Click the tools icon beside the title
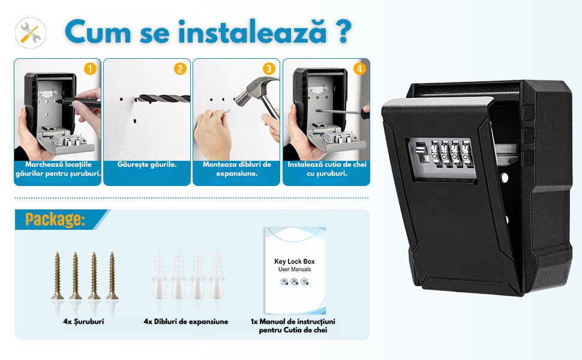coord(31,32)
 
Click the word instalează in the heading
coord(253,32)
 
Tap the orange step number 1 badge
coord(90,68)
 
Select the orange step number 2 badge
coord(180,68)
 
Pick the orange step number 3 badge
coord(269,68)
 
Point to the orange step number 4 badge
coord(359,68)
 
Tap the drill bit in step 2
coord(163,99)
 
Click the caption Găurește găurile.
coord(147,164)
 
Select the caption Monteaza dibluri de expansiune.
coord(237,169)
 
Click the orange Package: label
coord(55,220)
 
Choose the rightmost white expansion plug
coord(217,275)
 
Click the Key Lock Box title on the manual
coord(295,261)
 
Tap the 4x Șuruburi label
coord(83,322)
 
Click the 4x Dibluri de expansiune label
coord(186,322)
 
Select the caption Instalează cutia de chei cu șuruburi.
coord(326,169)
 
